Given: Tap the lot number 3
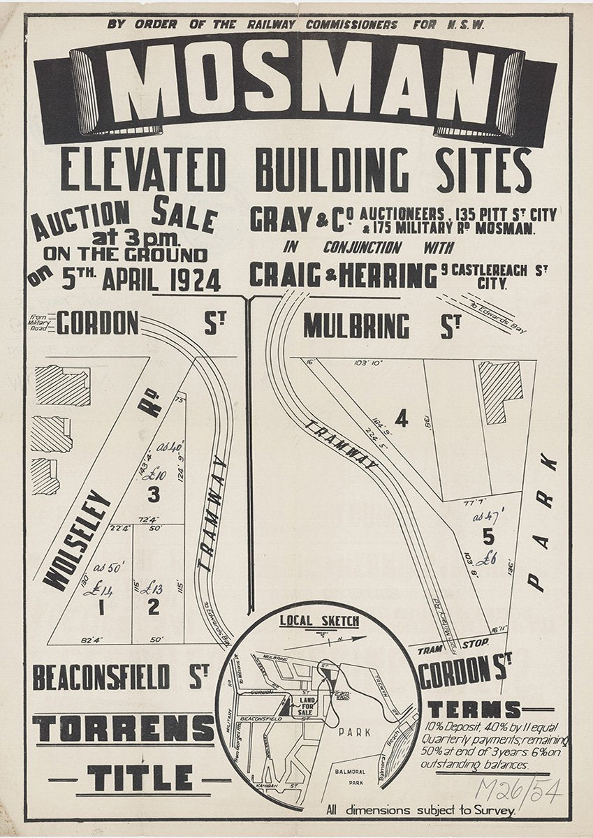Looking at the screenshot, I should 154,494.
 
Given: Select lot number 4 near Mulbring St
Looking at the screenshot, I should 400,418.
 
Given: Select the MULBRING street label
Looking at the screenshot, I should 356,326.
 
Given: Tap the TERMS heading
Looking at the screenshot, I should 475,710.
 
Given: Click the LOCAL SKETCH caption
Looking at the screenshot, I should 319,621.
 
